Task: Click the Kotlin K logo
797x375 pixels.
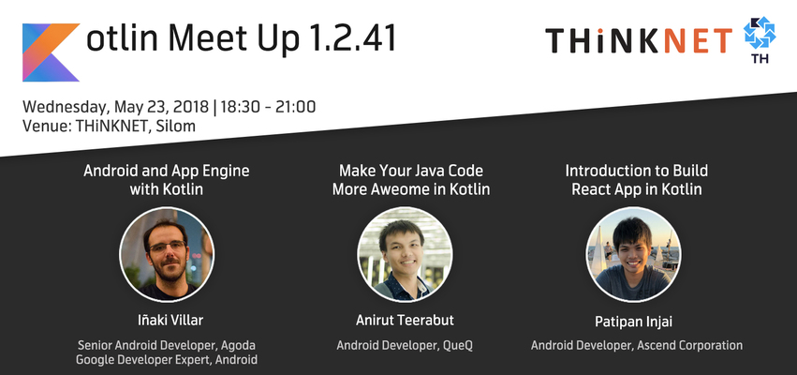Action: click(51, 52)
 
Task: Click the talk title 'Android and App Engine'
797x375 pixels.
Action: click(167, 171)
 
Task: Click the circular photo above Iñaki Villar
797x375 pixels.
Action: click(167, 254)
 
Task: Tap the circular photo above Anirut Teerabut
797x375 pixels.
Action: click(406, 254)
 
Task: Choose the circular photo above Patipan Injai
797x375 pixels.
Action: click(633, 254)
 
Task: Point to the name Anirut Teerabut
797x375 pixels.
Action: click(406, 321)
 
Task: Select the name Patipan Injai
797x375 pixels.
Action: click(634, 322)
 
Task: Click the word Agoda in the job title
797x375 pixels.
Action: click(239, 346)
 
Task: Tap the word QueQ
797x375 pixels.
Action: click(457, 346)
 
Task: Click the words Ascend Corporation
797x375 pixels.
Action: click(689, 346)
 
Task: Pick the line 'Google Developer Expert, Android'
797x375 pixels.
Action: click(167, 360)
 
